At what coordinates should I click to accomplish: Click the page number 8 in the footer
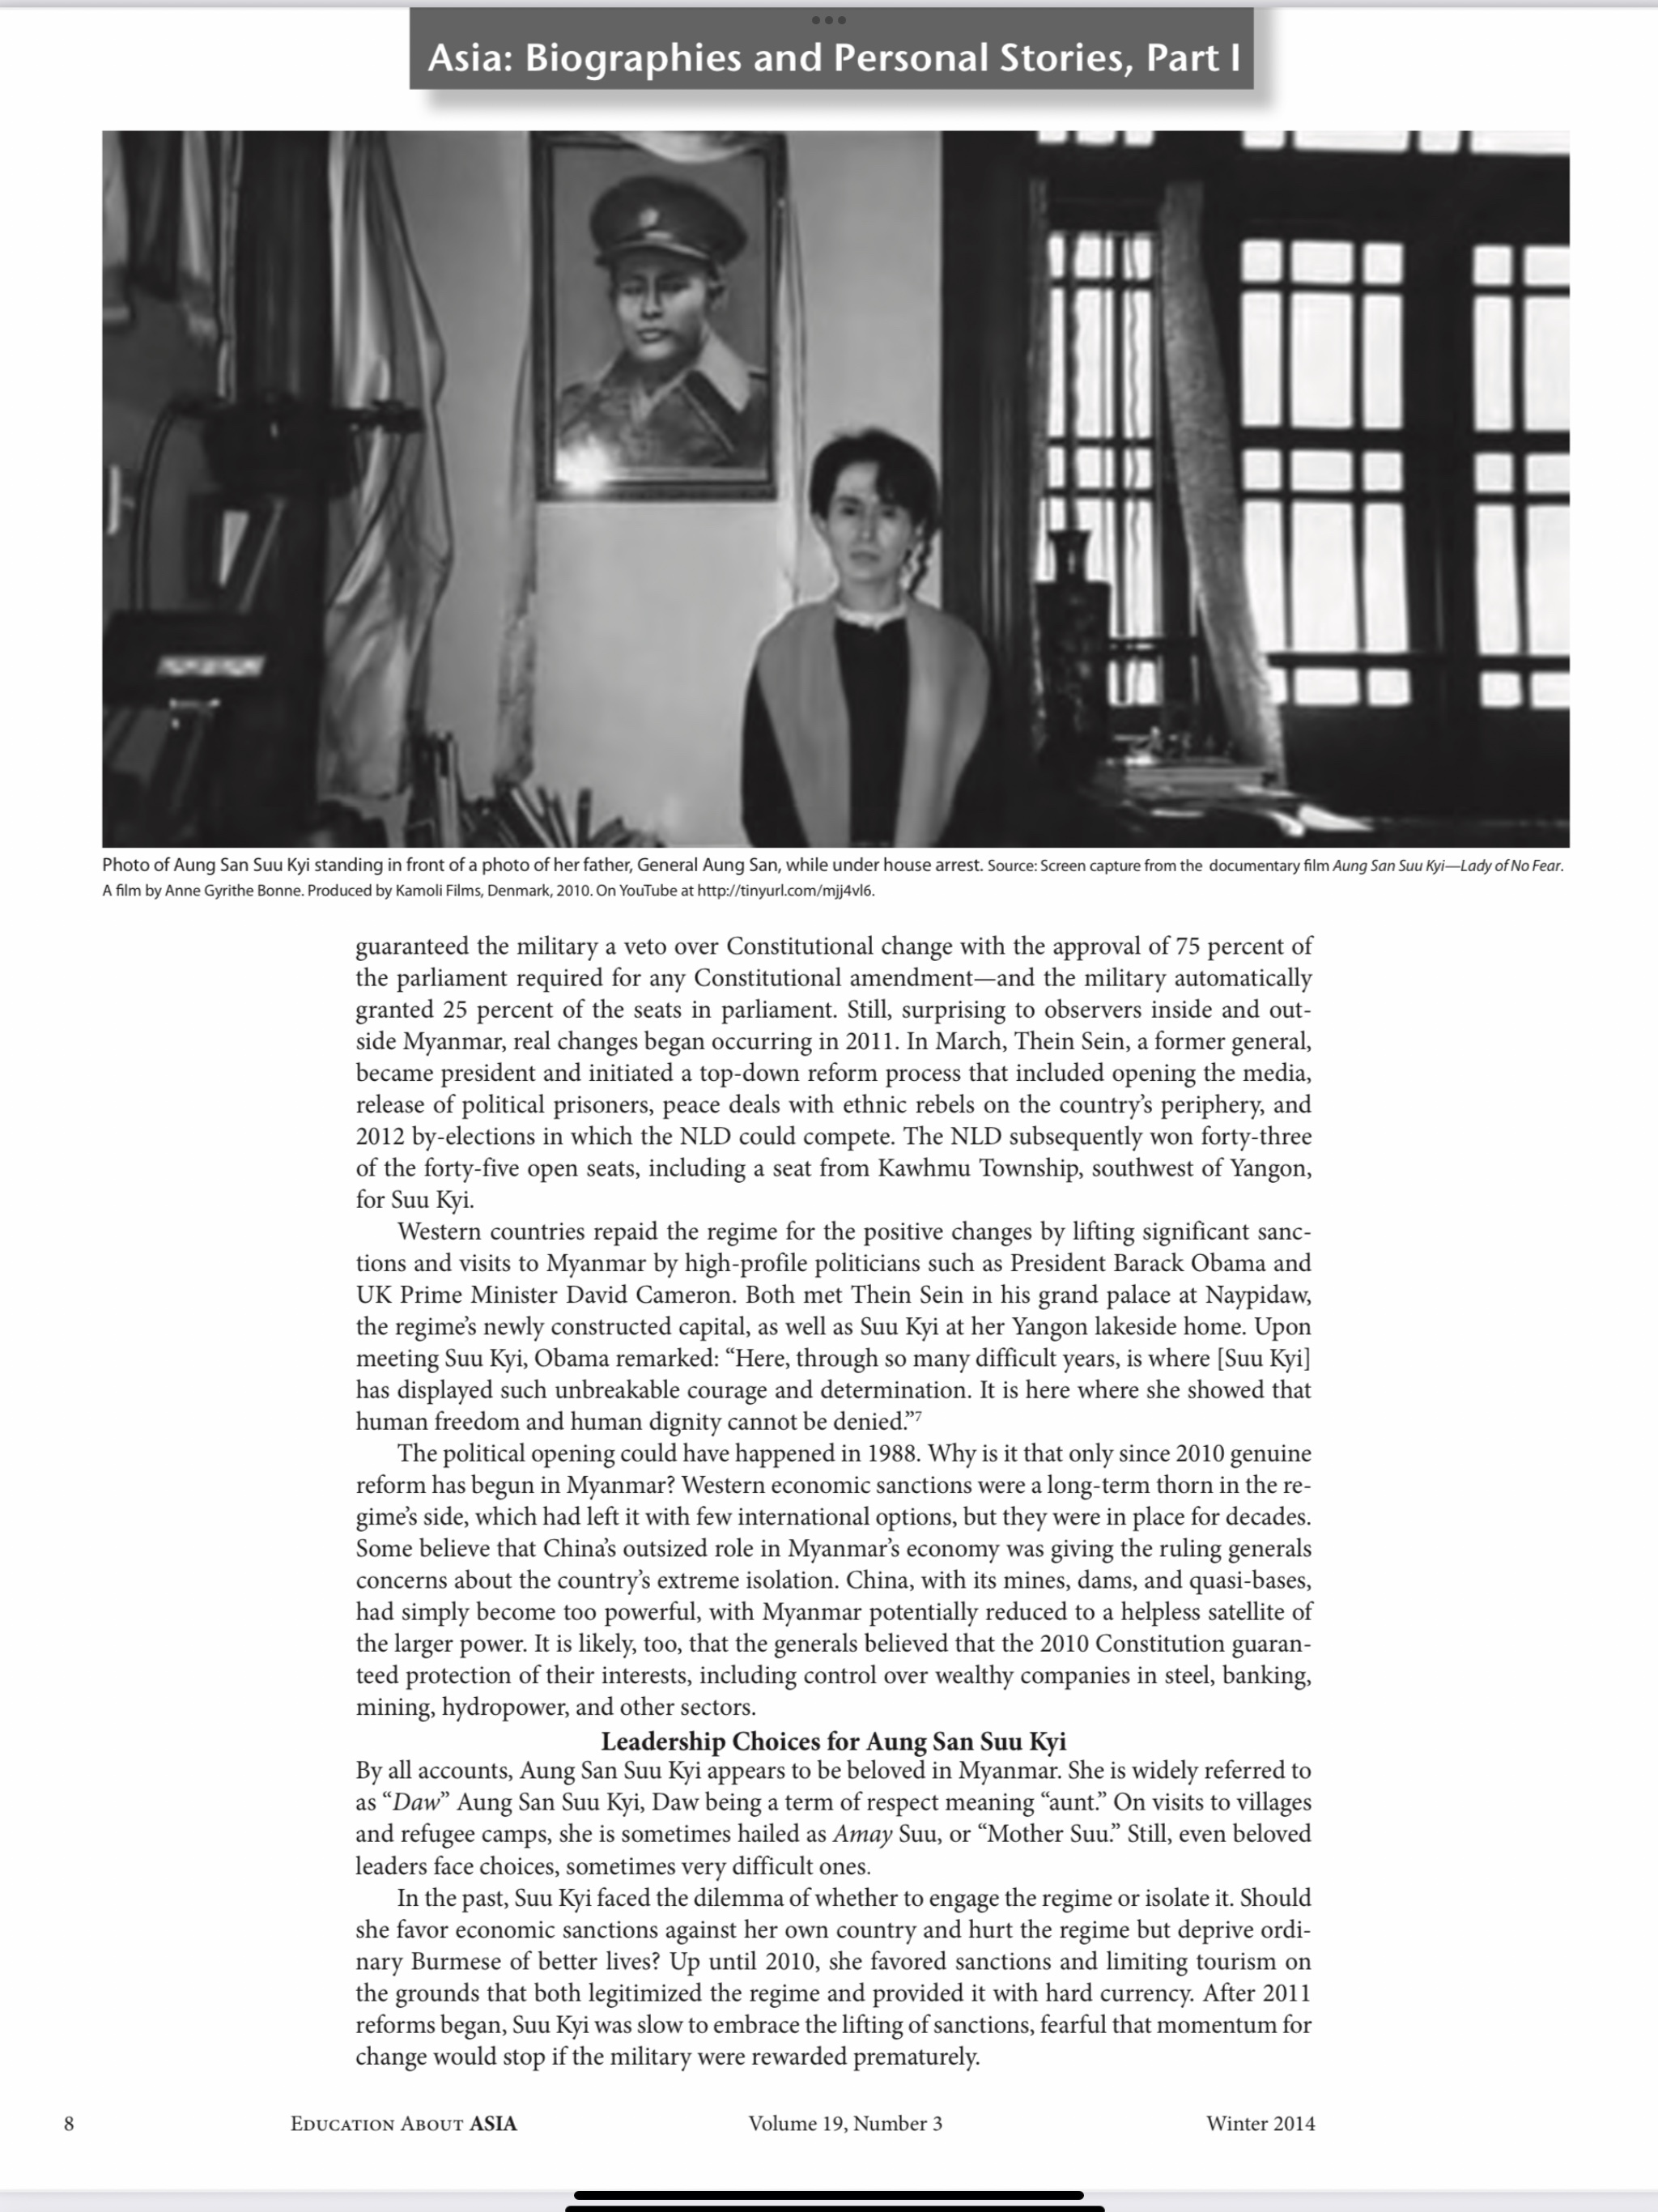pyautogui.click(x=69, y=2124)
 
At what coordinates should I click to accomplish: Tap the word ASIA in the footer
pyautogui.click(x=493, y=2124)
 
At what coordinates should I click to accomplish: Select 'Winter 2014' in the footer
pyautogui.click(x=1260, y=2124)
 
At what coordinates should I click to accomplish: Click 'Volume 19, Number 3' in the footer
pyautogui.click(x=845, y=2124)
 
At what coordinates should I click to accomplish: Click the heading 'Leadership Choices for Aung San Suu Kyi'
pyautogui.click(x=833, y=1741)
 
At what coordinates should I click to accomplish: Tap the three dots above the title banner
pyautogui.click(x=829, y=20)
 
